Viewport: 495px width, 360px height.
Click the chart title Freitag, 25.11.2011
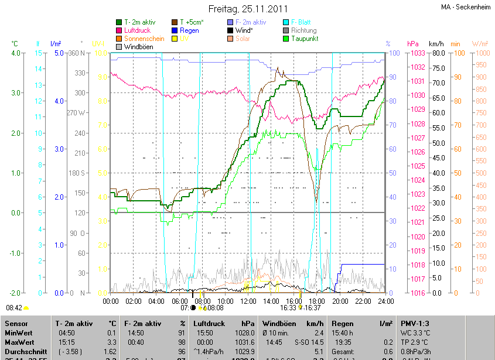tap(248, 9)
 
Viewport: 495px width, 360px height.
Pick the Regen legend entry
tap(189, 30)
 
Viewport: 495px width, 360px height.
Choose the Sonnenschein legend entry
tap(144, 39)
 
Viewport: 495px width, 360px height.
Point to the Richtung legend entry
tap(303, 30)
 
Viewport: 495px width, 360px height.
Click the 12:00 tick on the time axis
tap(248, 301)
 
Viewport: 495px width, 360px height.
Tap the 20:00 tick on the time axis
tap(340, 301)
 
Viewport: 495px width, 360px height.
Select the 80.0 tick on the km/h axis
tap(437, 53)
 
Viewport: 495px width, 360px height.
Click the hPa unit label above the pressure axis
tap(413, 44)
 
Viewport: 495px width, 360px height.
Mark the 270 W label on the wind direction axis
tap(77, 113)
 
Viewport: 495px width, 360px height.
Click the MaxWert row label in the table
tap(19, 342)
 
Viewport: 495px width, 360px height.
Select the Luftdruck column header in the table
tap(207, 323)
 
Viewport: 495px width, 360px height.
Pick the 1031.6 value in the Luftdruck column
tap(245, 342)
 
